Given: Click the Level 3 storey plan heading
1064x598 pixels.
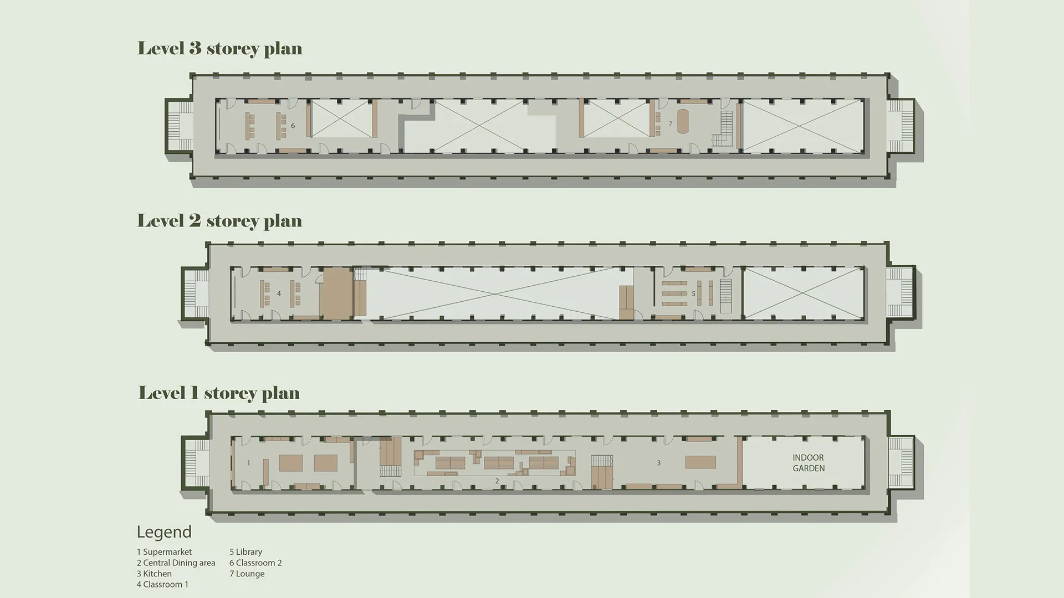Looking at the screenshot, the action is tap(220, 48).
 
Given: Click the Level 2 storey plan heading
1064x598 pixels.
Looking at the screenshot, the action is tap(220, 220).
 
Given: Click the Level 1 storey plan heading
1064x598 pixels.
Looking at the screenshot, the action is tap(219, 393).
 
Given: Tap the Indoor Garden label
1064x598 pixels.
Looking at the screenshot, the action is tap(809, 463).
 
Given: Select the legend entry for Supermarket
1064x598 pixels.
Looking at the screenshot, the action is tap(165, 552).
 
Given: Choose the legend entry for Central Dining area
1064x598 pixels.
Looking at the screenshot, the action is tap(176, 563).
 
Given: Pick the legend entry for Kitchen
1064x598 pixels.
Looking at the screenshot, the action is tap(155, 574).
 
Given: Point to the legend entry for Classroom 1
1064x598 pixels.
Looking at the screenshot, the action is tap(163, 585).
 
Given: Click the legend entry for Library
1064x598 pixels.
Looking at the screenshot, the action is tap(246, 552).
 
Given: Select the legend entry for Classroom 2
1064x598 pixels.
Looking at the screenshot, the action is tap(256, 563).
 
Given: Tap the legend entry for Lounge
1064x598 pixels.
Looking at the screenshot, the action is tap(247, 574).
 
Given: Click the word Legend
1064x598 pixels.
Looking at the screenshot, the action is tap(164, 532).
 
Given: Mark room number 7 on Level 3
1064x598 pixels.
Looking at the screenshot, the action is tap(671, 124).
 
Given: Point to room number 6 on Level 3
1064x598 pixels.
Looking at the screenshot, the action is tap(293, 126).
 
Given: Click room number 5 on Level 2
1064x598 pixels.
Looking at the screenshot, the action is tap(693, 294).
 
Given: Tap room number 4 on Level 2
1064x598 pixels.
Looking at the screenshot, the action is tap(279, 294).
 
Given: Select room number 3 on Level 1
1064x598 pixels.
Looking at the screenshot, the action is tap(659, 463).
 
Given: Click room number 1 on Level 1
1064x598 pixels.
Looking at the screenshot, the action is tap(249, 463).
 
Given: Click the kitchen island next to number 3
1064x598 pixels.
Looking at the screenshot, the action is tap(700, 462).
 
